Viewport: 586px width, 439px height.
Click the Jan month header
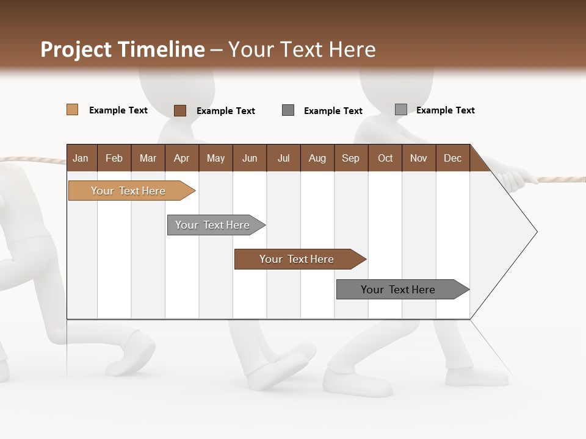pyautogui.click(x=81, y=158)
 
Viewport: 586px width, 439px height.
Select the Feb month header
pyautogui.click(x=114, y=158)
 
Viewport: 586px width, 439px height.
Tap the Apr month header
pyautogui.click(x=181, y=158)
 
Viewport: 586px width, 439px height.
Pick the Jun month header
pyautogui.click(x=250, y=158)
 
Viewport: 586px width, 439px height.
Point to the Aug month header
pyautogui.click(x=317, y=158)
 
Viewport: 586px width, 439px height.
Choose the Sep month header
pyautogui.click(x=350, y=158)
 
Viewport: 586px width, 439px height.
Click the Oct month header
pyautogui.click(x=385, y=158)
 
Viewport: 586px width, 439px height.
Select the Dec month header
pyautogui.click(x=452, y=158)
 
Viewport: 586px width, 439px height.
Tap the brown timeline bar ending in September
pyautogui.click(x=297, y=259)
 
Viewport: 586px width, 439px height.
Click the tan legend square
pyautogui.click(x=72, y=110)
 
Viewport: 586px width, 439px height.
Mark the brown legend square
pyautogui.click(x=179, y=110)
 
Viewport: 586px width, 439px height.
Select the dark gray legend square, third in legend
pyautogui.click(x=288, y=110)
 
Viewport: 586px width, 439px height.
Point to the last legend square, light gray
pyautogui.click(x=400, y=110)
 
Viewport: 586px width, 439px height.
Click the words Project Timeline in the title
pyautogui.click(x=122, y=49)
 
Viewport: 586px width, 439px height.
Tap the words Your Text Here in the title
pyautogui.click(x=302, y=49)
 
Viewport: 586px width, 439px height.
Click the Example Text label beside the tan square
pyautogui.click(x=118, y=110)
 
